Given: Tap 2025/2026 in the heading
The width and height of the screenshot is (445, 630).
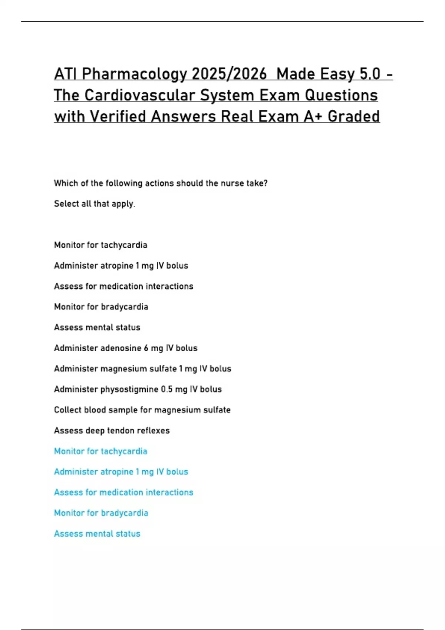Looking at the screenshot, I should click(229, 74).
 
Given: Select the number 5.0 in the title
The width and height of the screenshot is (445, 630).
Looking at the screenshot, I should click(370, 74).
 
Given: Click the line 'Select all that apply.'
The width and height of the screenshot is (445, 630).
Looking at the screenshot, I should click(95, 204).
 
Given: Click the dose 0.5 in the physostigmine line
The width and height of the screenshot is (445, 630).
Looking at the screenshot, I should click(167, 389).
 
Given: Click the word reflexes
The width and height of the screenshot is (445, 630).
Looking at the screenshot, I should click(153, 431).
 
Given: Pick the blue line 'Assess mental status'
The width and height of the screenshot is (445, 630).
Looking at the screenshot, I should click(97, 534).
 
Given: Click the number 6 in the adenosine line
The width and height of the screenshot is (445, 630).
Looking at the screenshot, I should click(146, 348).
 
